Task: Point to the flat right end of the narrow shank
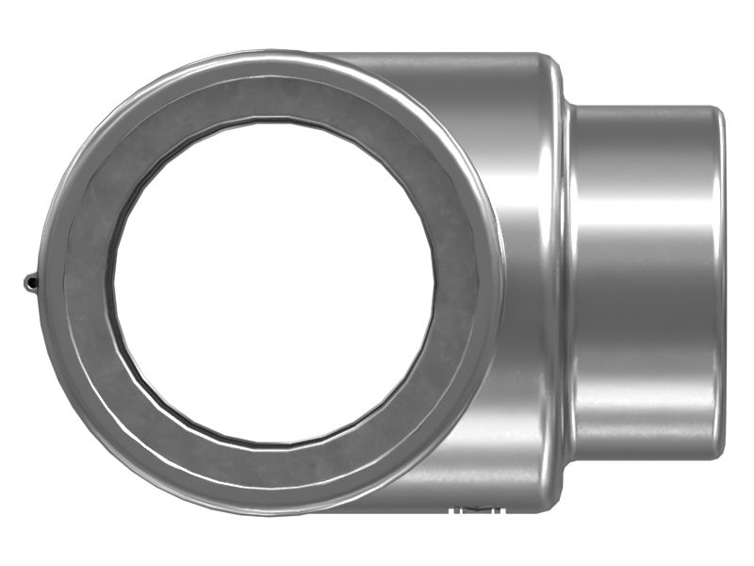click(x=720, y=283)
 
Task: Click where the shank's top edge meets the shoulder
click(x=571, y=108)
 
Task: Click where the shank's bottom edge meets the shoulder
click(x=571, y=458)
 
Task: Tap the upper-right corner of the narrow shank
click(x=716, y=111)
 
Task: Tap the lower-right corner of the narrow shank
click(x=716, y=455)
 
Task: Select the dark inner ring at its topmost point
click(x=273, y=99)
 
